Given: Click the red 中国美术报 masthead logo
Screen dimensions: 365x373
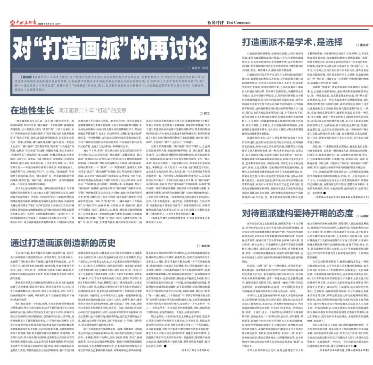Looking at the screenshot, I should coord(23,23).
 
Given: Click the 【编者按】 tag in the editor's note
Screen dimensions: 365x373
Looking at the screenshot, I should coord(27,77).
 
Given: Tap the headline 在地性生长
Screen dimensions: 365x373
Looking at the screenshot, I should coord(32,110).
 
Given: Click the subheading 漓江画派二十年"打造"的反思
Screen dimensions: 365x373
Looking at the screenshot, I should coord(92,111).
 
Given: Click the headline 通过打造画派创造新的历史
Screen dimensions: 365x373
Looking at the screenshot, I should coord(63,243).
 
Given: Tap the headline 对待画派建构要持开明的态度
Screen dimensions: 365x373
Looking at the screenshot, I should coord(297,213).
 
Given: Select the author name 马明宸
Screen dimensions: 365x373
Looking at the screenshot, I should coord(364,216).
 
